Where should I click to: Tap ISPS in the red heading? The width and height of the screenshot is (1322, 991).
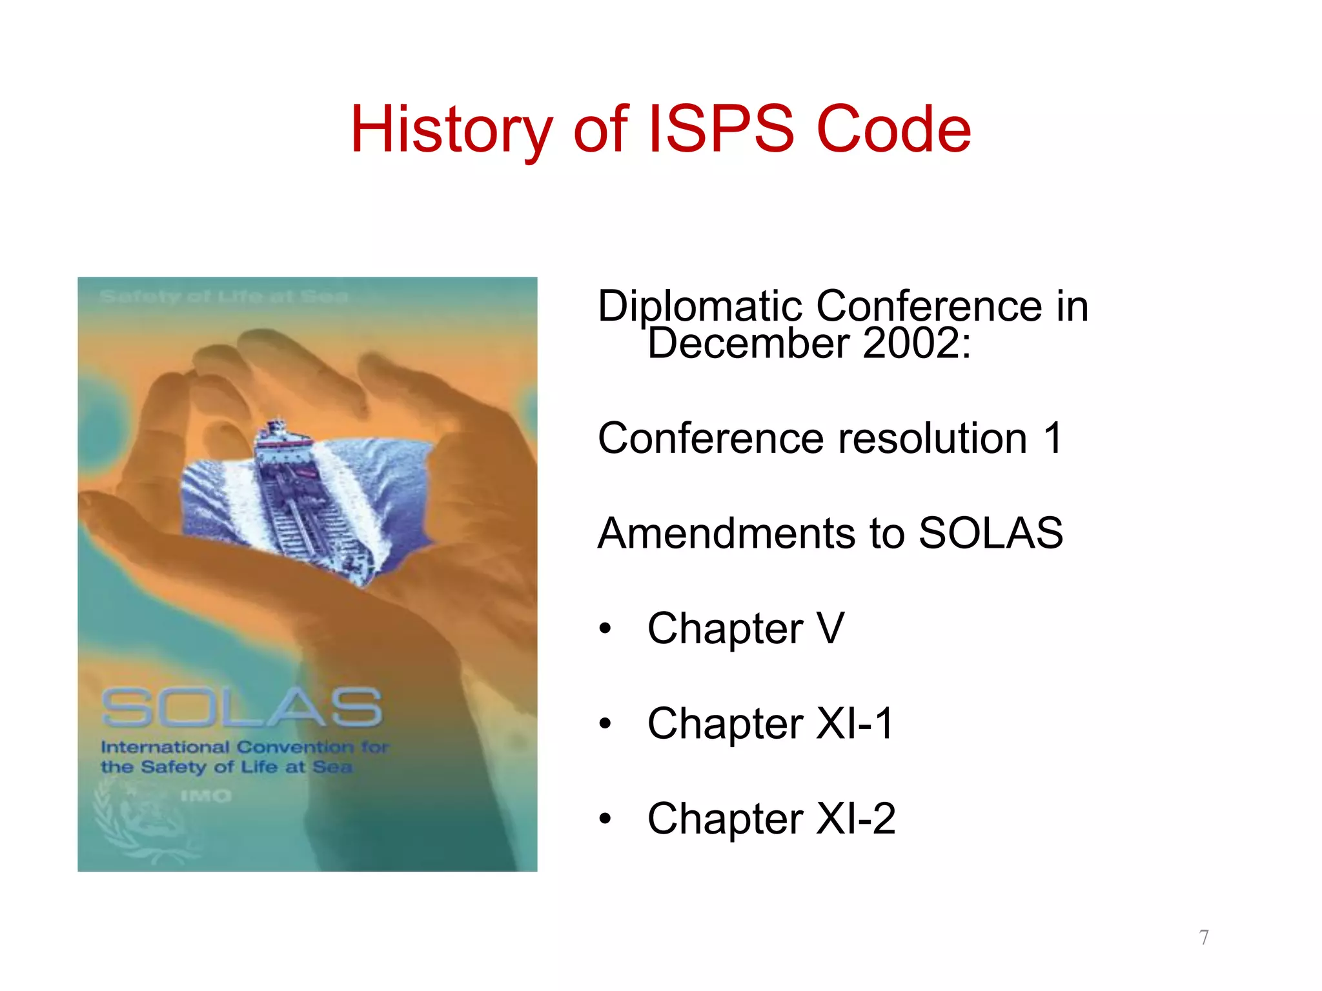(720, 130)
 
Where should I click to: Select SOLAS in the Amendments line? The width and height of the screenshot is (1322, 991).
(990, 534)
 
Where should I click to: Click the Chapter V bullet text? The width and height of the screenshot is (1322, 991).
(746, 628)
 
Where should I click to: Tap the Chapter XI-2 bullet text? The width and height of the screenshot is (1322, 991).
(771, 819)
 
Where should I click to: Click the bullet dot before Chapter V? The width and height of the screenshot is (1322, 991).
(605, 629)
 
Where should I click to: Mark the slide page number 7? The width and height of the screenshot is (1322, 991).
(1204, 937)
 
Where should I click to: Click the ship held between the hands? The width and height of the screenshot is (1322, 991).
(303, 497)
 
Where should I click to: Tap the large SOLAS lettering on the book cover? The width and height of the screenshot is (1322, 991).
(242, 707)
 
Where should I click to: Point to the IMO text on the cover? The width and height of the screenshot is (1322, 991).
(205, 796)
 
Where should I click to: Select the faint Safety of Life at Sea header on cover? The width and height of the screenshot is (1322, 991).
(223, 297)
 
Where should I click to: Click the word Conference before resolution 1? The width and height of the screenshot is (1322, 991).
(711, 439)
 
